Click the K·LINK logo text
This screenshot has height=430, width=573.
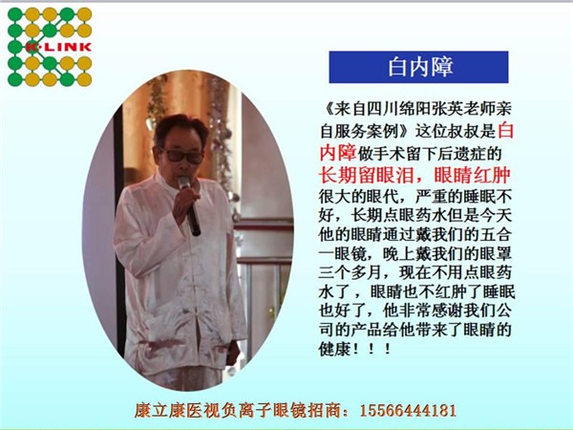click(x=58, y=47)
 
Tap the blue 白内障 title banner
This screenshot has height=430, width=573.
click(x=418, y=67)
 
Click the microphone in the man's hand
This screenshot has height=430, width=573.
click(x=190, y=205)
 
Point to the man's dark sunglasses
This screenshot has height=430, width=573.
click(x=181, y=156)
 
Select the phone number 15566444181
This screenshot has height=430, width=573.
click(x=408, y=410)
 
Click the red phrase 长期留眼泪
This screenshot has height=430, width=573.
click(x=366, y=175)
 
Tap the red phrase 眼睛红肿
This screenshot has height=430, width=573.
click(x=472, y=175)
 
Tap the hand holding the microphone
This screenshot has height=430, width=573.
click(x=184, y=205)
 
